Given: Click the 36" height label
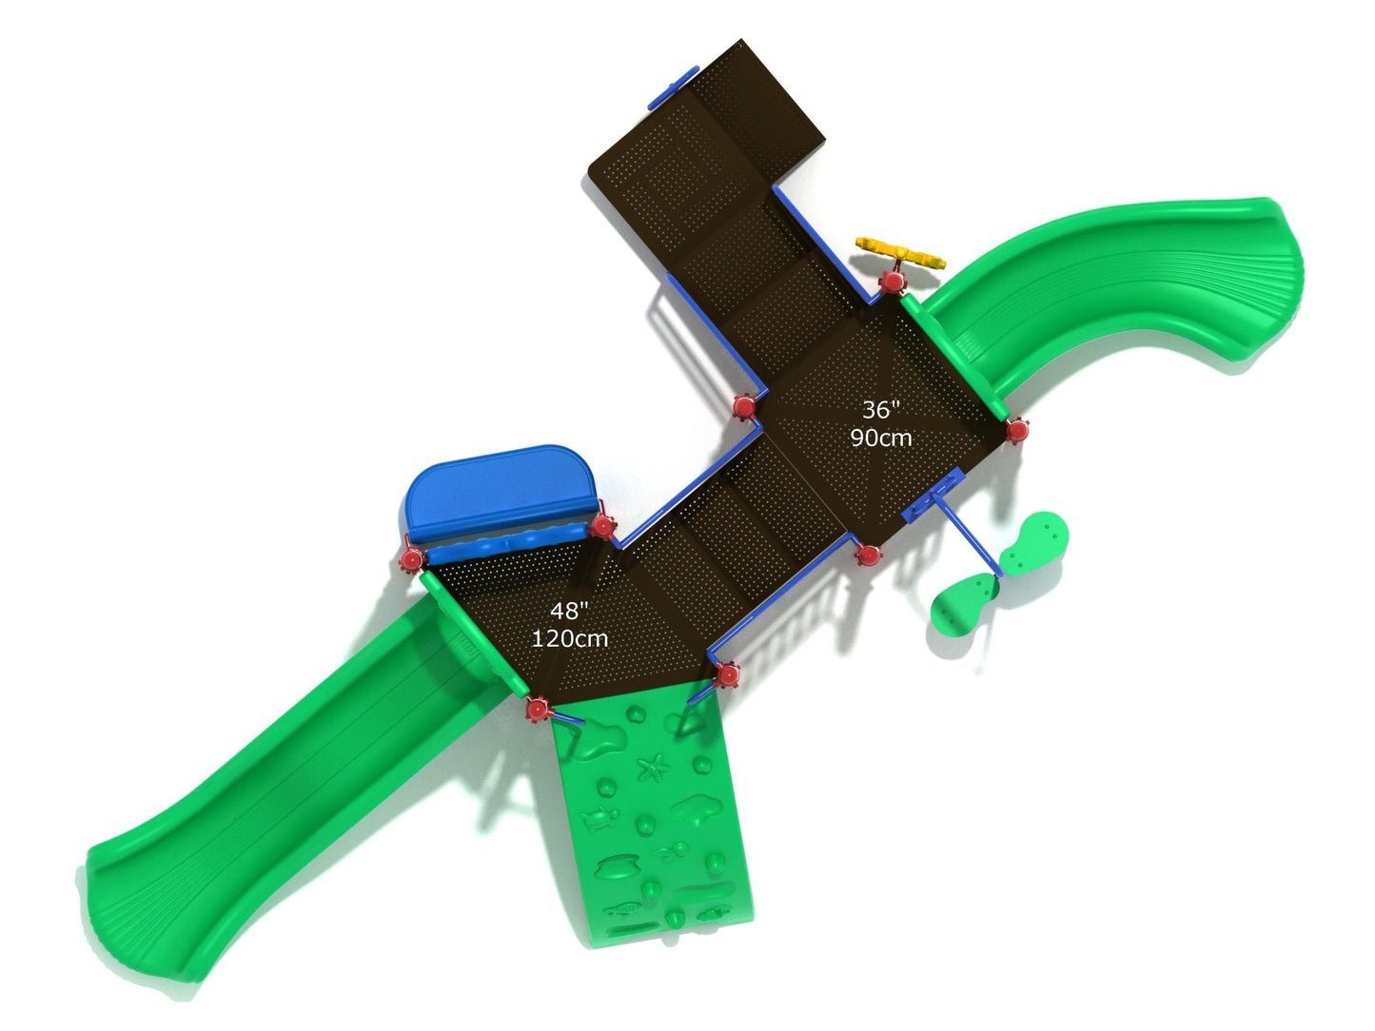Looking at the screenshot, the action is pyautogui.click(x=881, y=410).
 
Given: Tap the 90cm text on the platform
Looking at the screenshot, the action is pyautogui.click(x=881, y=438).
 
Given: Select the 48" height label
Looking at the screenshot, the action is pyautogui.click(x=569, y=611).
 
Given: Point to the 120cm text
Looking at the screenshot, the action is pyautogui.click(x=569, y=638).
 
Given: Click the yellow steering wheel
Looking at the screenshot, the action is pyautogui.click(x=901, y=254).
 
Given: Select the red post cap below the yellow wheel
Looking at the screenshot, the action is pyautogui.click(x=892, y=282).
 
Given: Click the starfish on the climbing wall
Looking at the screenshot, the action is pyautogui.click(x=654, y=768).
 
